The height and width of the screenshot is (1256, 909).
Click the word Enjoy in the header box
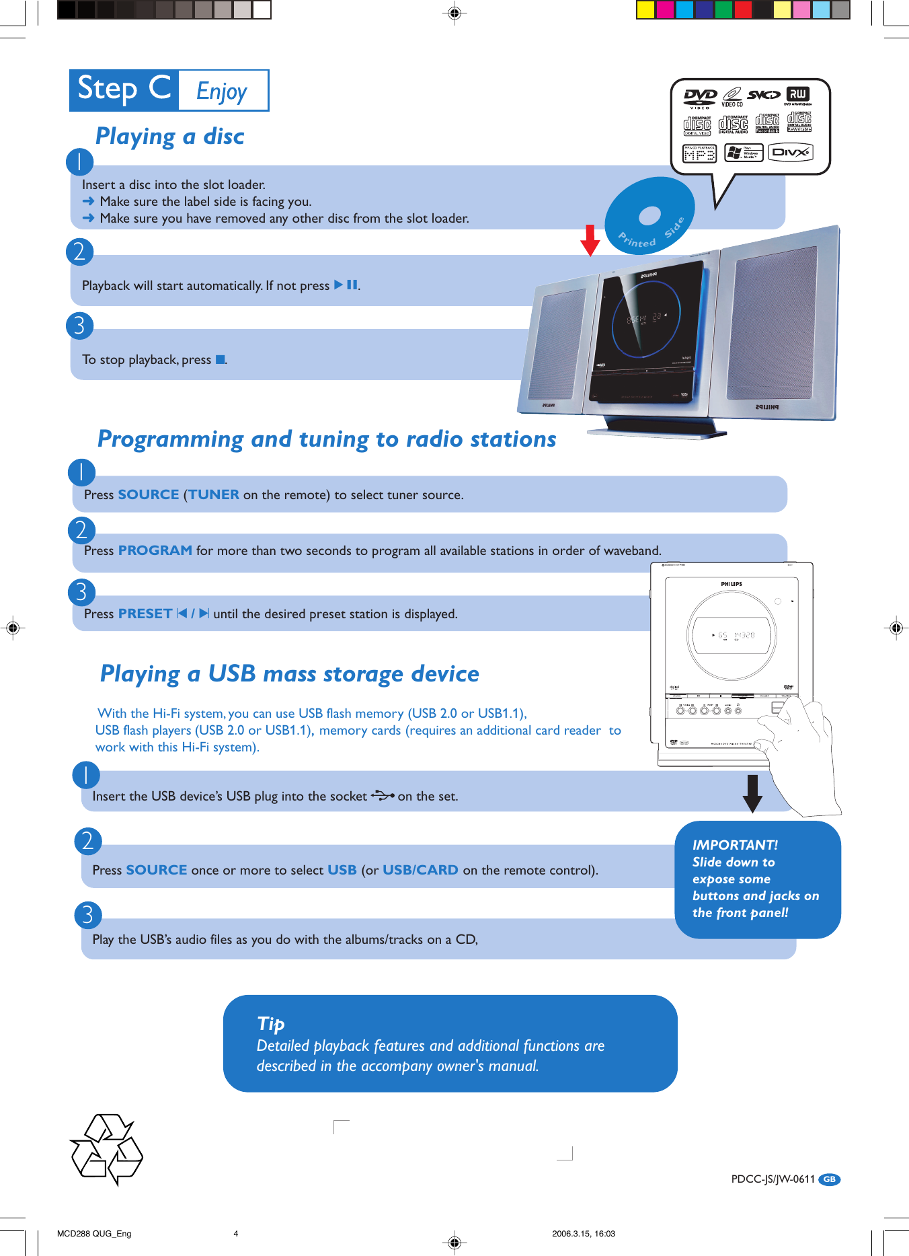point(222,91)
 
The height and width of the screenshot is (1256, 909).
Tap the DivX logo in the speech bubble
point(790,153)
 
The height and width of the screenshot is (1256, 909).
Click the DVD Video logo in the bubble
point(700,98)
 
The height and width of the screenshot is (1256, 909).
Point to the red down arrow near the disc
point(590,240)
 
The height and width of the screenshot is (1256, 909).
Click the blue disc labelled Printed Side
point(649,216)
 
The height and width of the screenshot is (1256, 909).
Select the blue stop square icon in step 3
point(220,360)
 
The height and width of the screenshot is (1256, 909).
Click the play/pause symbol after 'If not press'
point(346,285)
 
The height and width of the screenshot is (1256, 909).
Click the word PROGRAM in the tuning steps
point(155,550)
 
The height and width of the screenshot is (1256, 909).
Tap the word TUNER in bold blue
point(213,494)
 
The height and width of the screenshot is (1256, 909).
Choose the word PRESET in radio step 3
point(145,614)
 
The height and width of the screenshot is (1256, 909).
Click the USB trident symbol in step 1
point(382,796)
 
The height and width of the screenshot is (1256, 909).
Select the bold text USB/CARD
point(420,870)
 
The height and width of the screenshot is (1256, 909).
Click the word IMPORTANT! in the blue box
point(735,845)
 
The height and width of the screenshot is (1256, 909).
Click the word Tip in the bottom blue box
point(270,1023)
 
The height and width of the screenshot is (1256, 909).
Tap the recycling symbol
point(106,1149)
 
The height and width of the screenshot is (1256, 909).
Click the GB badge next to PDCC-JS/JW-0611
point(830,1179)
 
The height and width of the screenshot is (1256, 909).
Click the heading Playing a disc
point(169,136)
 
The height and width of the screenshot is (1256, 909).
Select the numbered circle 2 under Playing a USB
point(87,841)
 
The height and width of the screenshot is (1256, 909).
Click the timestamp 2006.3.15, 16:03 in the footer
point(583,1234)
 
